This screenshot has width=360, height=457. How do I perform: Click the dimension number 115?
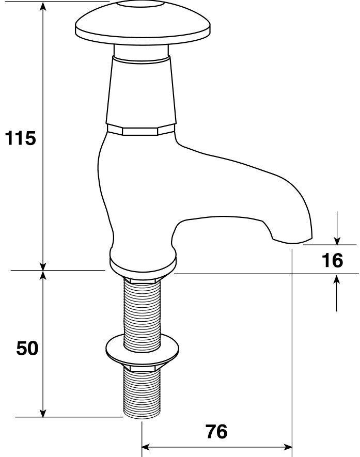(x=20, y=138)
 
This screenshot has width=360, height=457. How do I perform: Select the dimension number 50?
(x=27, y=349)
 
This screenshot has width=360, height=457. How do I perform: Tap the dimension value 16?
(x=332, y=260)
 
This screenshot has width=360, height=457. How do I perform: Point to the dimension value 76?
(x=216, y=431)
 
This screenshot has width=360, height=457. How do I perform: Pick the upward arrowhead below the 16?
(x=337, y=279)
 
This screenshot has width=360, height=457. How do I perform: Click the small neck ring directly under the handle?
(x=141, y=52)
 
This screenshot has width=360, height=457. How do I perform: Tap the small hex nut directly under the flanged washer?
(x=141, y=368)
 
